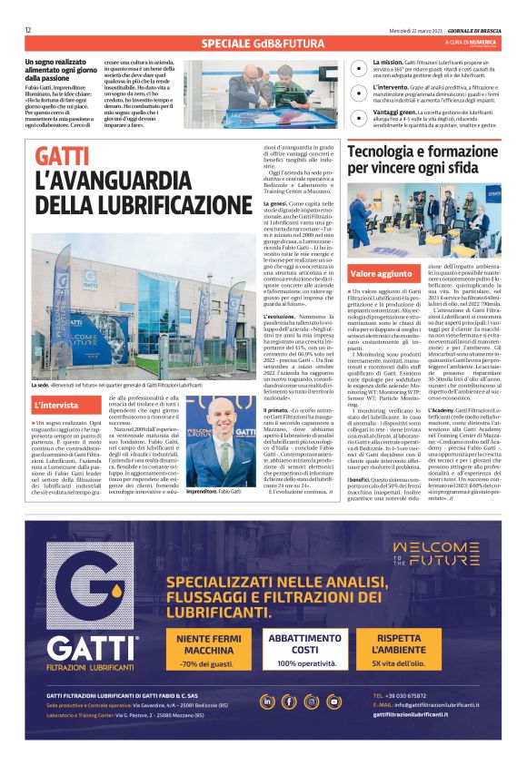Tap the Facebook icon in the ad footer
[290, 701]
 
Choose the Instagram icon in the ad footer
[312, 701]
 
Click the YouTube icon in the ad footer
[333, 701]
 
